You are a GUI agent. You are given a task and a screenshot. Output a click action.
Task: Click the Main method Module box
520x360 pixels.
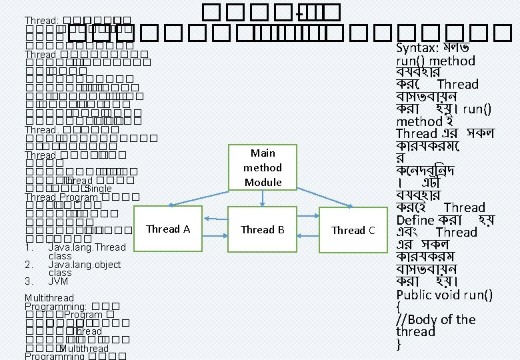(263, 167)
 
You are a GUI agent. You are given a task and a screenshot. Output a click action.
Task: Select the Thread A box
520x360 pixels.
(168, 229)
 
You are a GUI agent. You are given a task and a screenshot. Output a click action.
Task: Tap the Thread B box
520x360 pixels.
(263, 230)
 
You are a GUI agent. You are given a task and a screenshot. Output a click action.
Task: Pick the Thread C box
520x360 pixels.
(353, 231)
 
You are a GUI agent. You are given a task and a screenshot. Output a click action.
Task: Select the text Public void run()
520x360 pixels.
(444, 295)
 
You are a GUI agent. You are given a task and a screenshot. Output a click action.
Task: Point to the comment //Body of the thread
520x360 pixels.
(435, 325)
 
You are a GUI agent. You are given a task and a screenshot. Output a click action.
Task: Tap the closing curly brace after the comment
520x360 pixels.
(399, 345)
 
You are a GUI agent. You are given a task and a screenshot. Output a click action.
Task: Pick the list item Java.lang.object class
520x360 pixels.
(84, 268)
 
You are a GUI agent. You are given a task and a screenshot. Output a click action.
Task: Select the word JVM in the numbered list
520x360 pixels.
(59, 281)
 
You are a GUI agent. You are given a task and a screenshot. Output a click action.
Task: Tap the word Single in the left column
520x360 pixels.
(99, 189)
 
